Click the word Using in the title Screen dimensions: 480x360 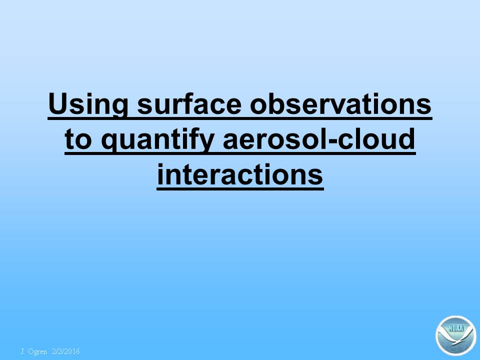coord(88,104)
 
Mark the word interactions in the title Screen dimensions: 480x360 coord(240,173)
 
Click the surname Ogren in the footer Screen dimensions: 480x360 coord(37,351)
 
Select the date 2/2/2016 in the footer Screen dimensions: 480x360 coord(66,351)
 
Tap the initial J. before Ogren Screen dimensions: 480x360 coord(22,351)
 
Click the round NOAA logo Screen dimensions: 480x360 coord(456,336)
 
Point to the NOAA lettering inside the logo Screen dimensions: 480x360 coord(456,328)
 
